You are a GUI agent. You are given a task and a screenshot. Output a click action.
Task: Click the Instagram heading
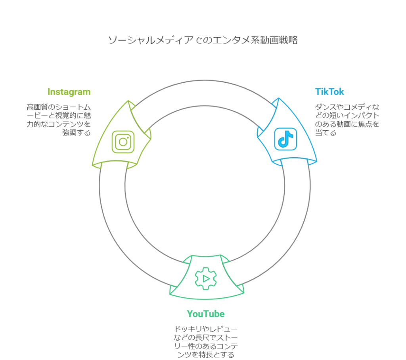[69, 92]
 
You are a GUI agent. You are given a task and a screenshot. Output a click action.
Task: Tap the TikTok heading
[329, 92]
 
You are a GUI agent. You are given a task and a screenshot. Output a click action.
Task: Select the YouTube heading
[206, 314]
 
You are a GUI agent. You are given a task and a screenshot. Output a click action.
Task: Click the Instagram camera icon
[123, 142]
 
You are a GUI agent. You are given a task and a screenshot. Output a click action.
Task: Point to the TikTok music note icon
[285, 139]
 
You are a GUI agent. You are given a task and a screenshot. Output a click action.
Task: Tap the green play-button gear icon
[206, 278]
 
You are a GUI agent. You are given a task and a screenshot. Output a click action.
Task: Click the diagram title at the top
[203, 40]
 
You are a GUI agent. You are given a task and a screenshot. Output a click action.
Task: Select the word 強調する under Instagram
[76, 133]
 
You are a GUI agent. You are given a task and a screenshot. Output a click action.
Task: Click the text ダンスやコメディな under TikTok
[347, 107]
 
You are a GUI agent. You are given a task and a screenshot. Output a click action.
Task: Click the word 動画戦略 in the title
[278, 40]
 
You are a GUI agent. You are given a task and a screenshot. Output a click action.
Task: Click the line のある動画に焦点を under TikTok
[347, 124]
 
